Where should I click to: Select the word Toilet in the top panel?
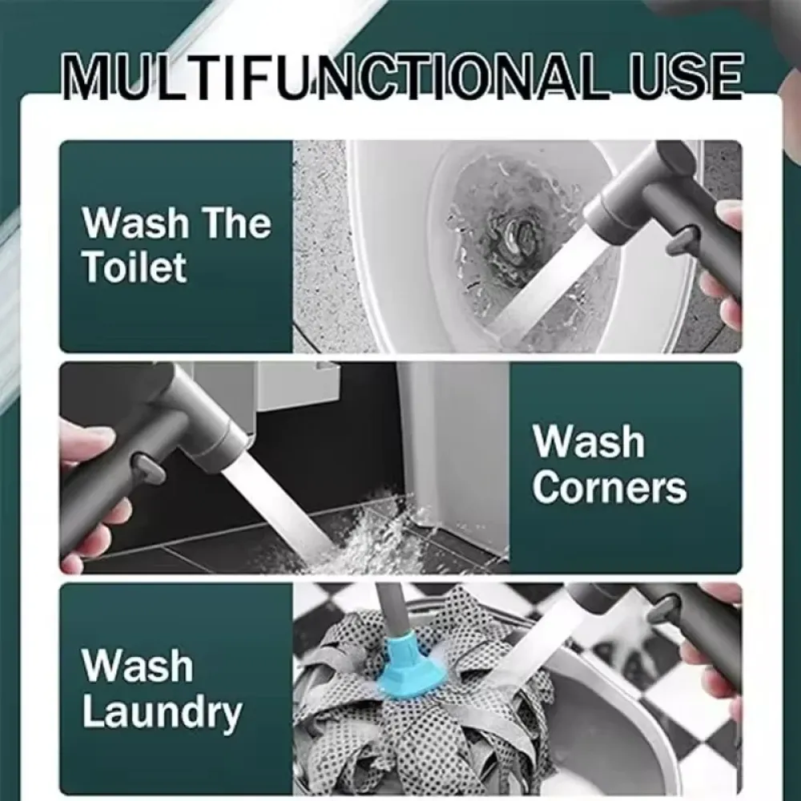[135, 267]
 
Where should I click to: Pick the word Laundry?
[162, 713]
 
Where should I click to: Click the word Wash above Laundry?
[137, 666]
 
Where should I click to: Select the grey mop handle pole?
[388, 610]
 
